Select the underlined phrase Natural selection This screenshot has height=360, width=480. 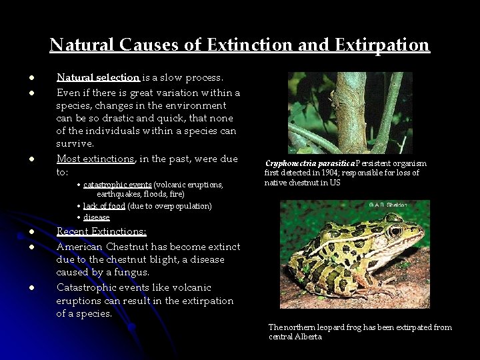pyautogui.click(x=97, y=77)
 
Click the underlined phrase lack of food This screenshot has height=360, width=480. pyautogui.click(x=104, y=206)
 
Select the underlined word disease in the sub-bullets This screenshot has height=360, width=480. pyautogui.click(x=97, y=217)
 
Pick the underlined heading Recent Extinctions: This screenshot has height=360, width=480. pyautogui.click(x=101, y=231)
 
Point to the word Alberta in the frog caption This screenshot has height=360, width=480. pyautogui.click(x=308, y=337)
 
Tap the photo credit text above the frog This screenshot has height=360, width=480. pyautogui.click(x=388, y=205)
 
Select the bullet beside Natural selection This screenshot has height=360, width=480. pyautogui.click(x=31, y=78)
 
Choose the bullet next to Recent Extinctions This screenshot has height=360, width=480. pyautogui.click(x=31, y=232)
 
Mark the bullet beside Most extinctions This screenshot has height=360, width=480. pyautogui.click(x=31, y=159)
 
